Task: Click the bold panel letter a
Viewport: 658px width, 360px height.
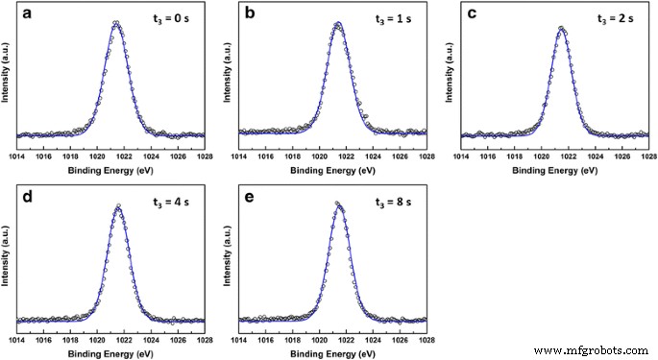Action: click(x=30, y=15)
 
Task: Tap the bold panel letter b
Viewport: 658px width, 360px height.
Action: click(x=252, y=15)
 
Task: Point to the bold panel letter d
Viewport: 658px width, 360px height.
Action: click(x=30, y=198)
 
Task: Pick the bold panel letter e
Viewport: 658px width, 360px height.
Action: click(x=252, y=198)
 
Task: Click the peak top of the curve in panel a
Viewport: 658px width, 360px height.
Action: click(x=116, y=23)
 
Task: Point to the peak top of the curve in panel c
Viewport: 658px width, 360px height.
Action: click(x=562, y=28)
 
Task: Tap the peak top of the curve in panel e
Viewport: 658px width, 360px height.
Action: click(x=337, y=204)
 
